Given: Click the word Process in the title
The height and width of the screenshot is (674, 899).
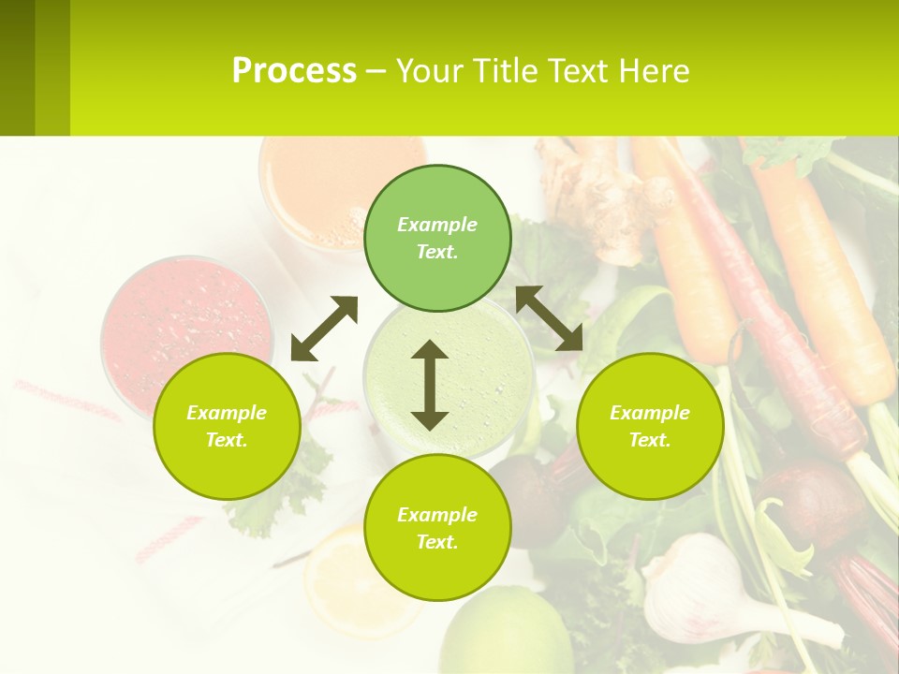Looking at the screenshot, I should (294, 71).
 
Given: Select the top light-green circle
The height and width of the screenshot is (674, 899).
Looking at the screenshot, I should (437, 238).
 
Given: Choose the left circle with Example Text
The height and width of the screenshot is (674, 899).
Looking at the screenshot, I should (227, 426).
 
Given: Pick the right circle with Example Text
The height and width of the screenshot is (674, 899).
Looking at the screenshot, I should (650, 426).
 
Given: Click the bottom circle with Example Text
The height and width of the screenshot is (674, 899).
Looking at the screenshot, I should (437, 527).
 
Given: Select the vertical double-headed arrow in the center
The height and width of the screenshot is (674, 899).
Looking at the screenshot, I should (430, 385).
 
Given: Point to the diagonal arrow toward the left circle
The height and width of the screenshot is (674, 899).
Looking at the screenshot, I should (324, 329).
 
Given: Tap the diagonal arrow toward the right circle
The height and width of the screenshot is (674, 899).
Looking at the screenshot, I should (549, 318).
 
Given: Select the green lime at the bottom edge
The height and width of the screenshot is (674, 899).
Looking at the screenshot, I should (506, 637).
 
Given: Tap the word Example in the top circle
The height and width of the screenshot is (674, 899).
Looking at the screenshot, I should (437, 225).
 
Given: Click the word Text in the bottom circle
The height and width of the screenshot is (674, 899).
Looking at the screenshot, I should (437, 542).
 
